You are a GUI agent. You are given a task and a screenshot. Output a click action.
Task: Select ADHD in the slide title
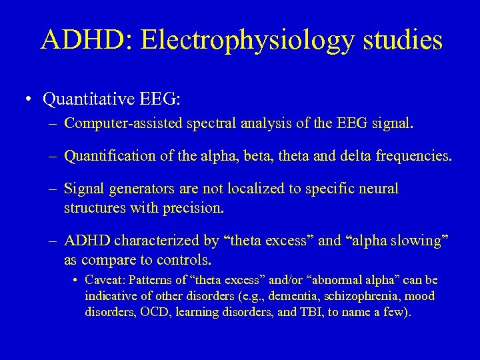pos(81,40)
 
